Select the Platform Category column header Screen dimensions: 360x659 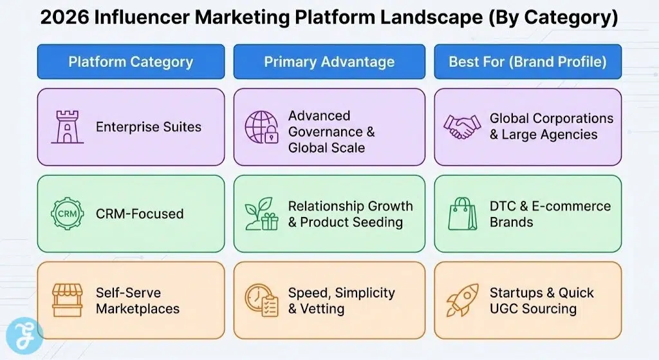click(x=131, y=62)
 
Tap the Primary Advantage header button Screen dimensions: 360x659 click(x=329, y=62)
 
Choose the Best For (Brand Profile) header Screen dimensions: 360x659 click(x=527, y=62)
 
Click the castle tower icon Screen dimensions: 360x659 click(x=67, y=127)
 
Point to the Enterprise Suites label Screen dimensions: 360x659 click(x=149, y=127)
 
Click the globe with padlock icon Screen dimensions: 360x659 click(x=261, y=127)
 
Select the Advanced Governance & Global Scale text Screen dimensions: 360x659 click(x=331, y=131)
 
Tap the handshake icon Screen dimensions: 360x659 click(x=462, y=127)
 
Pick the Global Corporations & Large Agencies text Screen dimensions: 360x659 click(x=551, y=127)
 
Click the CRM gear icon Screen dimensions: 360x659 click(x=67, y=214)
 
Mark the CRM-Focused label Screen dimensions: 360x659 click(x=140, y=214)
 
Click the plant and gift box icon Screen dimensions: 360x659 click(x=261, y=214)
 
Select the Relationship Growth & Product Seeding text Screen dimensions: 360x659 click(x=350, y=214)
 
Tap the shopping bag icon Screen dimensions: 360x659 click(x=462, y=214)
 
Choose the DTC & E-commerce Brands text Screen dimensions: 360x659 click(x=550, y=214)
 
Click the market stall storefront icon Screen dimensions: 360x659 click(x=67, y=300)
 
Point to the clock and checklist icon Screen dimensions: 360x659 click(x=261, y=300)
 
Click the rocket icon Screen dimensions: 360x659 click(x=462, y=300)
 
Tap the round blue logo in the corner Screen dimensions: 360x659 click(x=24, y=336)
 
